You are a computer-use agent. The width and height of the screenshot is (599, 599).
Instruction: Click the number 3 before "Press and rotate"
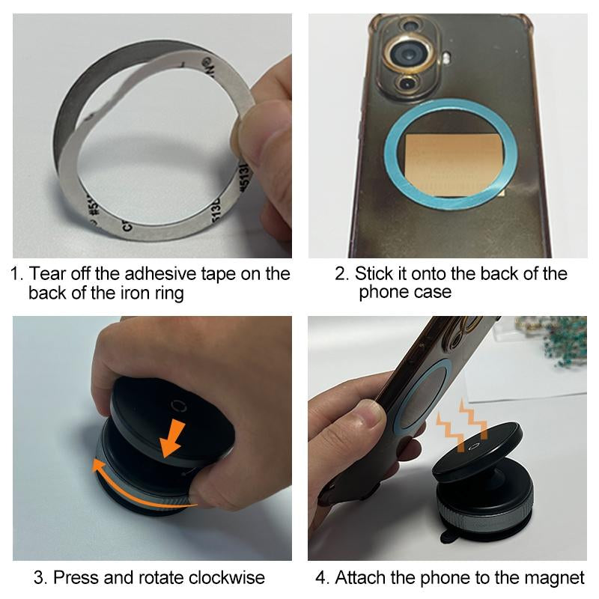[38, 578]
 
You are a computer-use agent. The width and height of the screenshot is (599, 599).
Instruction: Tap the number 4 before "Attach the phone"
[321, 578]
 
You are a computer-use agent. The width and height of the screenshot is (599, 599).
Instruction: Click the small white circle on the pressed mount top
[177, 406]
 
